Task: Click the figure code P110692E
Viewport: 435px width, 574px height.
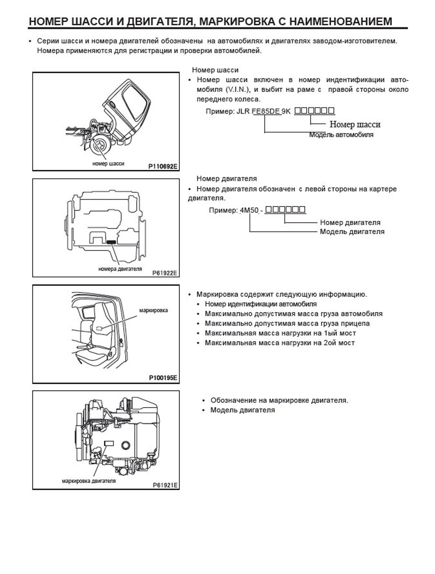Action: [x=163, y=167]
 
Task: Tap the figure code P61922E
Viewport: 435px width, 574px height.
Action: [x=165, y=273]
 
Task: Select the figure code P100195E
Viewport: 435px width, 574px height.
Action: [x=163, y=378]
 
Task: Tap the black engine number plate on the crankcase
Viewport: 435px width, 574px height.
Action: [x=111, y=242]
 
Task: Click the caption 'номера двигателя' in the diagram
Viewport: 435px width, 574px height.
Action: [x=120, y=269]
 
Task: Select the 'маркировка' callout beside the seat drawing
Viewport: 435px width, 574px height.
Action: [x=154, y=310]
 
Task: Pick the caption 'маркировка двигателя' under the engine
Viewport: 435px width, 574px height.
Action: [x=89, y=481]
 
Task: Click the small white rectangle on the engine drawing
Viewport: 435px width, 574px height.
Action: [x=109, y=443]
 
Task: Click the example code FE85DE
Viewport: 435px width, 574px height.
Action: [x=266, y=111]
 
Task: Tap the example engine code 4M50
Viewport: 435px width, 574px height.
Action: [x=249, y=210]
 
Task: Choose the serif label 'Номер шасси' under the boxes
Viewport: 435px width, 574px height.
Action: [x=355, y=125]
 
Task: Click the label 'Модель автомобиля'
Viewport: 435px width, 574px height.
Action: [x=341, y=135]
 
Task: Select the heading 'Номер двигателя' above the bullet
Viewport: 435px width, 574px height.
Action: [x=227, y=179]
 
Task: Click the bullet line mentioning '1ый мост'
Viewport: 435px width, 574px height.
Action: [x=280, y=333]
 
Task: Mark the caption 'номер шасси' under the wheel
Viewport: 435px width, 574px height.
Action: [x=108, y=164]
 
